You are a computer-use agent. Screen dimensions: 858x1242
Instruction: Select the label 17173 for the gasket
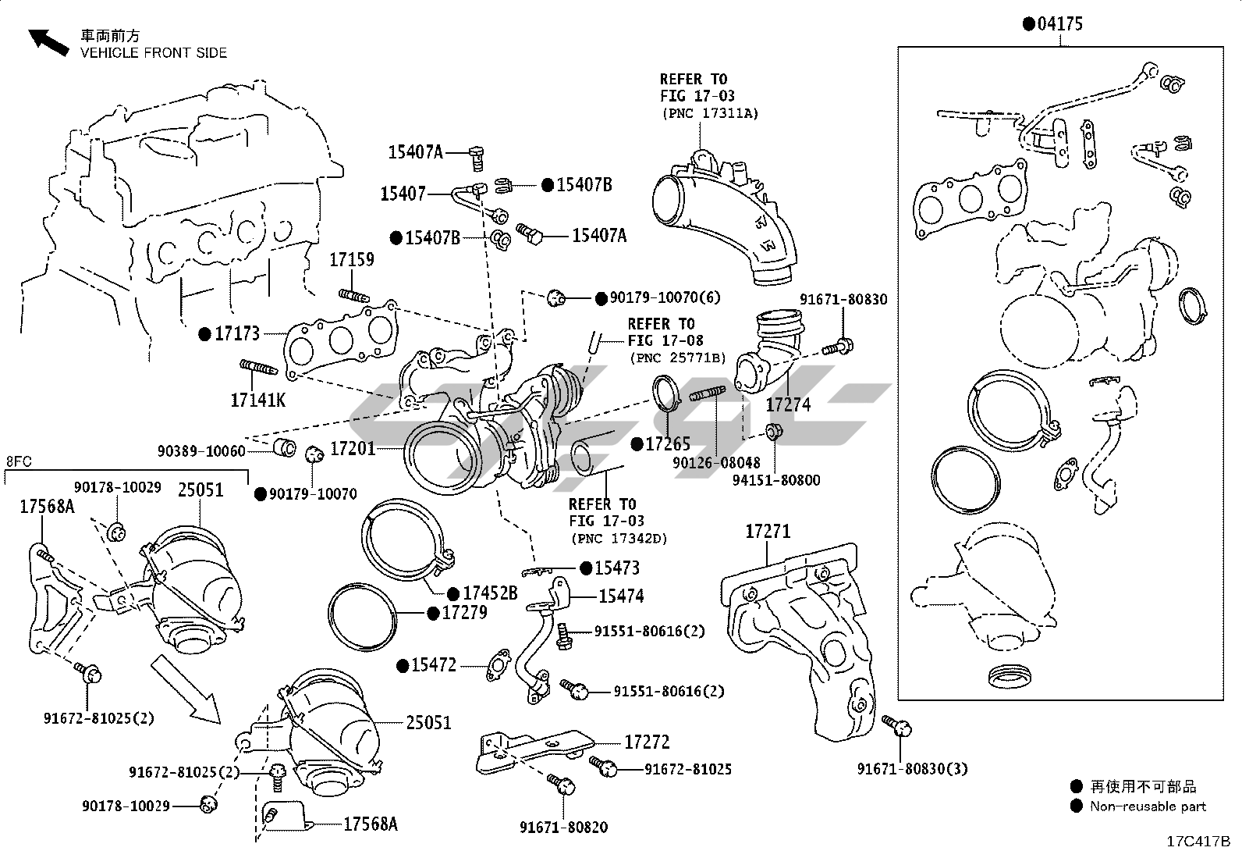237,334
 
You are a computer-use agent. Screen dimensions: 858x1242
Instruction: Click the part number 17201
353,449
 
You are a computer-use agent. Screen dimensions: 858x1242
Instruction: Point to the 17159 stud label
351,260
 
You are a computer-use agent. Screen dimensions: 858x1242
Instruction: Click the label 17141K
258,401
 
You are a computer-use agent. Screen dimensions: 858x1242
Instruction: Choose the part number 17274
788,404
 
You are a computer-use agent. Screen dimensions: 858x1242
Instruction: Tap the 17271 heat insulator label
768,532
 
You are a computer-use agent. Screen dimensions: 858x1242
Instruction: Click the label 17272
647,742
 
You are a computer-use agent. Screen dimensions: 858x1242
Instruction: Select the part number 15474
621,596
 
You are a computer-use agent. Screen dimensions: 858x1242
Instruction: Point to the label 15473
616,568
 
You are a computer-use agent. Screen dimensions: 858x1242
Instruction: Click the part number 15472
434,665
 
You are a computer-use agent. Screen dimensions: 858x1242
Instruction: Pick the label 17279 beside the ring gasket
464,613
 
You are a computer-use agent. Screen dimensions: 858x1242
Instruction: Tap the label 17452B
490,594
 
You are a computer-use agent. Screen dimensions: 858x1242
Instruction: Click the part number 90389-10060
201,451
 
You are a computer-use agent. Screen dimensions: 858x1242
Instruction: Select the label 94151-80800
775,480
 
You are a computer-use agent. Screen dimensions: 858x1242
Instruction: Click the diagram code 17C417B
1198,842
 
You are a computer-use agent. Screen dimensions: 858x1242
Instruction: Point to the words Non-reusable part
1148,806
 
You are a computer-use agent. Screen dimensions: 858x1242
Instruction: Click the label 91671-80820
564,827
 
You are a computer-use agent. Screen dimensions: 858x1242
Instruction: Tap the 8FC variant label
19,461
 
